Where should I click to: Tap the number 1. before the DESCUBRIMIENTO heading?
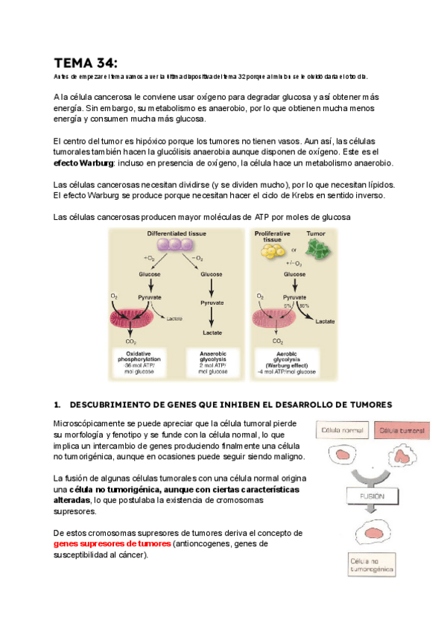(x=58, y=405)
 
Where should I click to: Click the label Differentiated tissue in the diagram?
(x=176, y=234)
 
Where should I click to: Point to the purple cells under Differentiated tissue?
(x=176, y=246)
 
